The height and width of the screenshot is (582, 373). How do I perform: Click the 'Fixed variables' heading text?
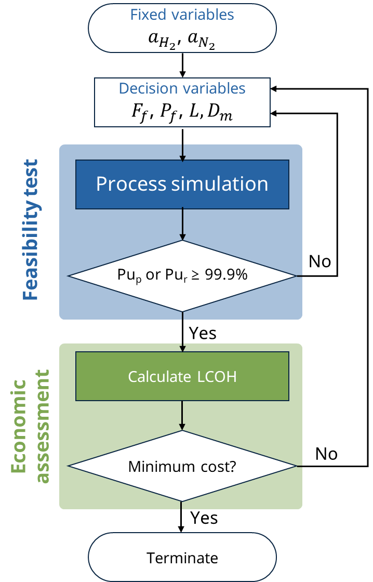pyautogui.click(x=182, y=15)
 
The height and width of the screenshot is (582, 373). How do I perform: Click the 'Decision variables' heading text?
pyautogui.click(x=182, y=88)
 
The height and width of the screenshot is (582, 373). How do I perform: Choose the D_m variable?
pyautogui.click(x=219, y=113)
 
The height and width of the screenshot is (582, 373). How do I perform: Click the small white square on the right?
pyautogui.click(x=327, y=104)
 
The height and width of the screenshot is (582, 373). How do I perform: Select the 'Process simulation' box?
pyautogui.click(x=182, y=184)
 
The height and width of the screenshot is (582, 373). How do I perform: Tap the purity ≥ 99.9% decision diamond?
pyautogui.click(x=182, y=276)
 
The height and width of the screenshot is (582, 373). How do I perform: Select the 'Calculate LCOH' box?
pyautogui.click(x=182, y=376)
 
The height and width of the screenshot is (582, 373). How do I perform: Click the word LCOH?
pyautogui.click(x=217, y=376)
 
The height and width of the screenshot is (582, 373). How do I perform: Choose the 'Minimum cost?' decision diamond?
pyautogui.click(x=182, y=466)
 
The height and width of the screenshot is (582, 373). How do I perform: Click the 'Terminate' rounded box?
pyautogui.click(x=182, y=558)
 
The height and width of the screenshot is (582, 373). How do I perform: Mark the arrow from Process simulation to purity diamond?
pyautogui.click(x=182, y=224)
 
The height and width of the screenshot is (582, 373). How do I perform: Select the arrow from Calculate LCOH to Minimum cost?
pyautogui.click(x=182, y=416)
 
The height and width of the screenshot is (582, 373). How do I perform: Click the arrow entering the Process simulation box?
pyautogui.click(x=182, y=151)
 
